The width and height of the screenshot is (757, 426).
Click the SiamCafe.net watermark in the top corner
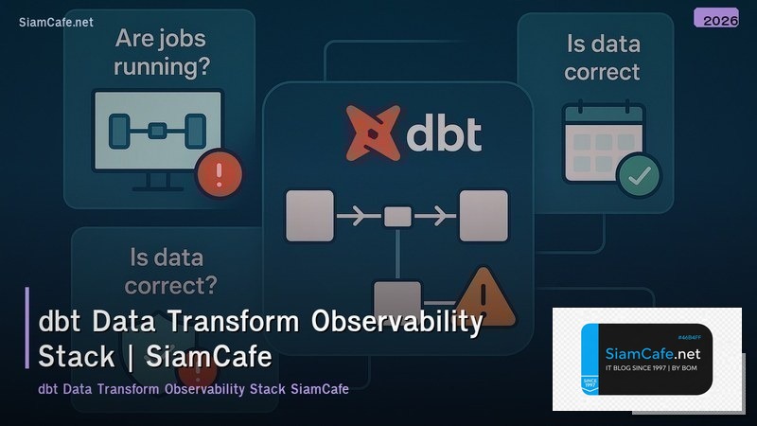click(x=56, y=23)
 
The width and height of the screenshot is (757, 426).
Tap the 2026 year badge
click(x=715, y=17)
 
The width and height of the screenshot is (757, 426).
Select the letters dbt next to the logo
click(x=443, y=133)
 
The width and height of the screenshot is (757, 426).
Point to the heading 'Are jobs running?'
click(x=162, y=54)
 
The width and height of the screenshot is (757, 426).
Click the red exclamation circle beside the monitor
click(x=219, y=173)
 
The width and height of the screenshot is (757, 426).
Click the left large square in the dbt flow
click(x=309, y=215)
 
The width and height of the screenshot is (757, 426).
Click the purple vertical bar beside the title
click(x=27, y=328)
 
